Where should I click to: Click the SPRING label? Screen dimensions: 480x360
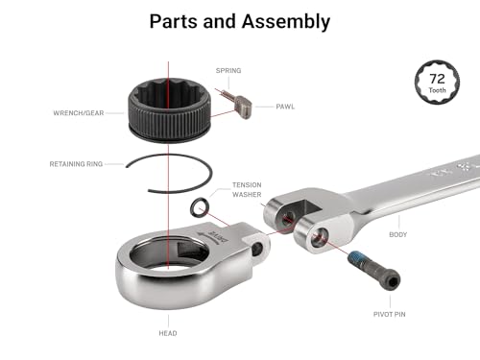click(x=228, y=70)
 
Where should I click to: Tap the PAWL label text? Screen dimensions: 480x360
click(x=285, y=107)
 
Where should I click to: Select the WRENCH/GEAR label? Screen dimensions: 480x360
click(x=79, y=113)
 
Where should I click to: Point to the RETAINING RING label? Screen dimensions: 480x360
click(x=76, y=164)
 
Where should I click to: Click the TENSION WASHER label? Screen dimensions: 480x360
click(x=247, y=189)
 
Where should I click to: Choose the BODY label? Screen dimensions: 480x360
click(x=398, y=234)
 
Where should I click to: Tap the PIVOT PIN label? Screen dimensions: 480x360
click(x=390, y=314)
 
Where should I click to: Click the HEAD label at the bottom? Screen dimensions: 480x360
click(x=168, y=333)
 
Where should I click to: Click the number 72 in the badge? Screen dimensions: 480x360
click(x=437, y=79)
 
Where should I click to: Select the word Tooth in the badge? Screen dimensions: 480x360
click(x=437, y=90)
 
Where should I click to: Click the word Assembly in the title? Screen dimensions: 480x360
click(x=286, y=22)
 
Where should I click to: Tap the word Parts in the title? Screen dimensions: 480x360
click(x=174, y=21)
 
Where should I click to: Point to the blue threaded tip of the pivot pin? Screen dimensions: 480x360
click(x=355, y=256)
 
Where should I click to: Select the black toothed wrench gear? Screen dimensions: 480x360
click(x=170, y=109)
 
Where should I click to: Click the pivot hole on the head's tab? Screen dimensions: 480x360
click(x=257, y=249)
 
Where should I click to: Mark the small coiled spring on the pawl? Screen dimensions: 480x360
click(x=227, y=95)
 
